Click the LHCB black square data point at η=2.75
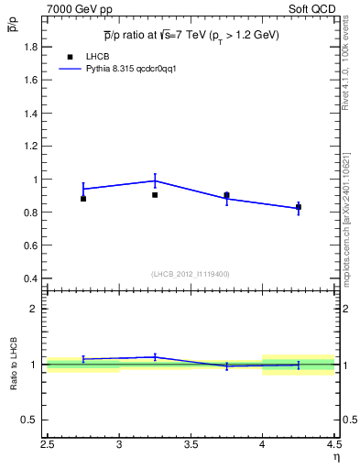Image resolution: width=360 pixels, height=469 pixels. pyautogui.click(x=83, y=199)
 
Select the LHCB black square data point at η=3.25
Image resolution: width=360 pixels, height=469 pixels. pyautogui.click(x=155, y=195)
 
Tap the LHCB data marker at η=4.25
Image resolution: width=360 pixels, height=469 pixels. pyautogui.click(x=299, y=207)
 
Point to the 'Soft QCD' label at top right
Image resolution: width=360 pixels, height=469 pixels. pyautogui.click(x=314, y=8)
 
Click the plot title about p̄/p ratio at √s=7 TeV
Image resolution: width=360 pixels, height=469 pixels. pyautogui.click(x=191, y=35)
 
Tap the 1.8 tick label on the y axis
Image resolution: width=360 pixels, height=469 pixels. pyautogui.click(x=30, y=47)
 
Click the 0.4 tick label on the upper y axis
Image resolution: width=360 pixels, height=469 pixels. pyautogui.click(x=30, y=278)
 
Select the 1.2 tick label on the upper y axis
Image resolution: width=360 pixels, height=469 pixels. pyautogui.click(x=30, y=147)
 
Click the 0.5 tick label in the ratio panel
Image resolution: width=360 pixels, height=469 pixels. pyautogui.click(x=30, y=420)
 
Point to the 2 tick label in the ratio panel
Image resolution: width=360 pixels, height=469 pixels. pyautogui.click(x=35, y=309)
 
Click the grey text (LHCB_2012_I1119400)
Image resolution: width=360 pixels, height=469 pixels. pyautogui.click(x=191, y=274)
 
